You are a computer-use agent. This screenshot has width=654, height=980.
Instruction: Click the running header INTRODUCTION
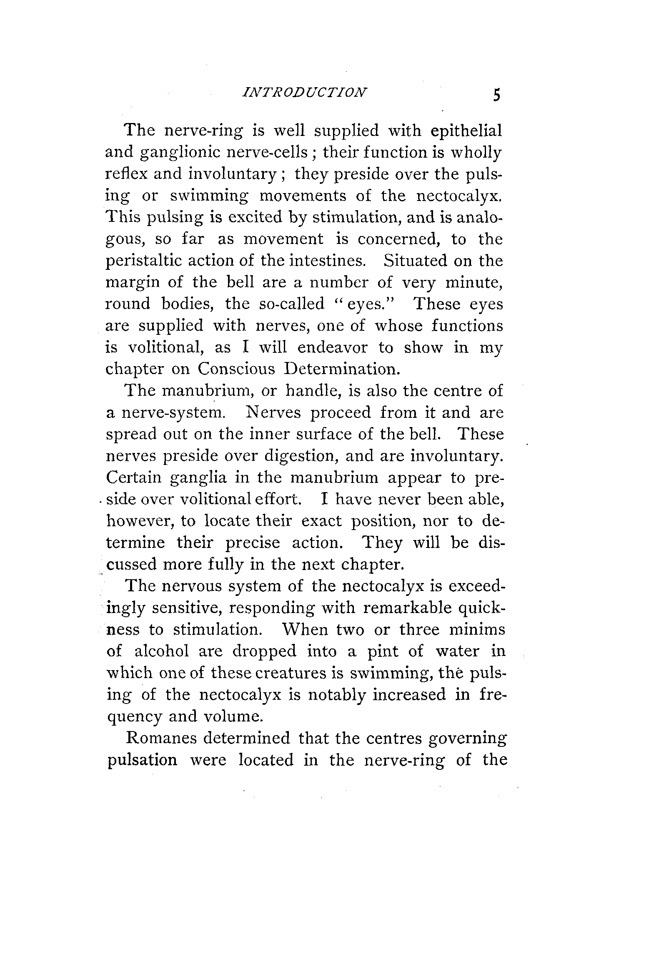pos(304,92)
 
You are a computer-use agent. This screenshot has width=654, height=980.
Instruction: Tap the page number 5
pos(496,95)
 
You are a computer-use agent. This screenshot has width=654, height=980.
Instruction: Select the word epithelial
pos(466,131)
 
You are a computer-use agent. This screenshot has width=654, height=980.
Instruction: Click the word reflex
pos(126,174)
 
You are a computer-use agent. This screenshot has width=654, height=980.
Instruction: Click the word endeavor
pos(333,347)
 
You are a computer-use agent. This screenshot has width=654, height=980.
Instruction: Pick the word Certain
pos(133,477)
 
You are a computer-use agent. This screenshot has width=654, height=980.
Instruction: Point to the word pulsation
pos(142,760)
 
